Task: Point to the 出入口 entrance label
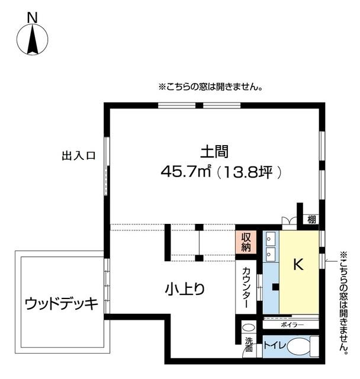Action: click(79, 156)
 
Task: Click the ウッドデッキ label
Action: click(61, 304)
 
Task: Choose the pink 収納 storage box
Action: click(246, 242)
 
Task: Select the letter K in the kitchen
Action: click(298, 265)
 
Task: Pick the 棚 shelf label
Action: click(311, 219)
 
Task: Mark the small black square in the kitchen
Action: click(275, 287)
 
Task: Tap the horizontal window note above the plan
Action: click(210, 87)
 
